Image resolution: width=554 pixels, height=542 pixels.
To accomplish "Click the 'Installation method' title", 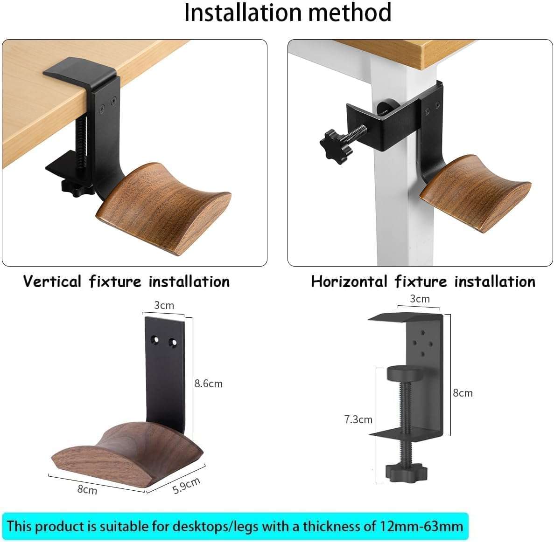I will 288,13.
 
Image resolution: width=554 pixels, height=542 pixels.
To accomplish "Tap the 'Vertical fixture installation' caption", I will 126,281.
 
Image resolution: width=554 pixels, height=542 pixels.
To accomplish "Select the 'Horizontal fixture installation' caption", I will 423,281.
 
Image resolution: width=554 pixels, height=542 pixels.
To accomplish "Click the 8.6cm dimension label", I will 208,384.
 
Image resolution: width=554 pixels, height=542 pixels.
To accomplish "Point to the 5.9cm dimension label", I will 186,486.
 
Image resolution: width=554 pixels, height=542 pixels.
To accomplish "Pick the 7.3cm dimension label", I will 358,419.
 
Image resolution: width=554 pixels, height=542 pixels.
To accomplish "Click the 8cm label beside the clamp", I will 463,393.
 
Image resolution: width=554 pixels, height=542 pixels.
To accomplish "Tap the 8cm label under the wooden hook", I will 87,489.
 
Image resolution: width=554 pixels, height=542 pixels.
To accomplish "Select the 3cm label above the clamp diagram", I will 419,299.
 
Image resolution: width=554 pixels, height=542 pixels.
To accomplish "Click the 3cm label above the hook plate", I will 164,305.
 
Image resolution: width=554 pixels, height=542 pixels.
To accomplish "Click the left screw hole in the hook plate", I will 156,342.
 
